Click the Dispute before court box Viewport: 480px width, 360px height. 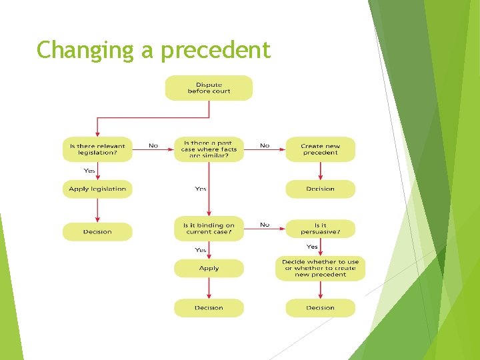[x=209, y=88]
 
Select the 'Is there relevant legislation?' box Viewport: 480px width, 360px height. [x=97, y=149]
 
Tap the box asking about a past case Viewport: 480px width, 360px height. [x=209, y=149]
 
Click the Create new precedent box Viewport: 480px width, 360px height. [x=320, y=149]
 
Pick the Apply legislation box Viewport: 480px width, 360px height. [x=97, y=189]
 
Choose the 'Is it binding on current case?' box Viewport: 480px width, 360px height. [x=209, y=229]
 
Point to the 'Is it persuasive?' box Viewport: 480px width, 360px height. [x=320, y=229]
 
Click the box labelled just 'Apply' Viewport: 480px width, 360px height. [x=209, y=268]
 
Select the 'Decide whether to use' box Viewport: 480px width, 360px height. [x=320, y=268]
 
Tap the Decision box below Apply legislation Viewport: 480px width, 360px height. [x=97, y=232]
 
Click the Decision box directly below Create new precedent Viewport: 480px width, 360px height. [x=320, y=189]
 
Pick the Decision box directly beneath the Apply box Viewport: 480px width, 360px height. [x=209, y=308]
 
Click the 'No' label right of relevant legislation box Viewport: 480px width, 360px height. [x=153, y=145]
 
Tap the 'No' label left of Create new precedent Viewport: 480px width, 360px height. [x=265, y=145]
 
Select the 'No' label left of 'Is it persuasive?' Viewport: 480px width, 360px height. [x=265, y=225]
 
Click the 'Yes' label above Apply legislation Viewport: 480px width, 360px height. [x=89, y=171]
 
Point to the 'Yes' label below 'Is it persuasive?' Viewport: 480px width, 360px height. [x=312, y=247]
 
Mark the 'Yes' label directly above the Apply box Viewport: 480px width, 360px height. [x=201, y=250]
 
